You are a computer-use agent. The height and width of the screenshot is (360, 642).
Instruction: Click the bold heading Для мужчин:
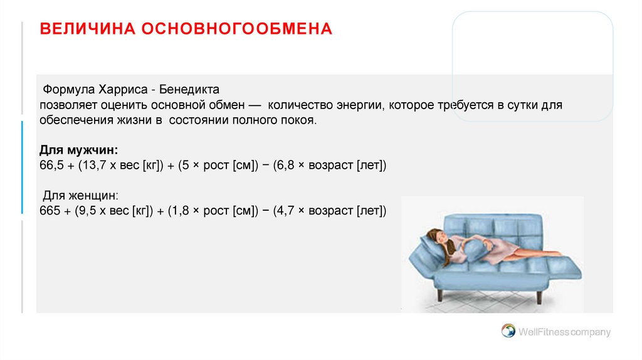[79, 151]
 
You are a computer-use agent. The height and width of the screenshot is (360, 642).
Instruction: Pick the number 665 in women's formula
[49, 211]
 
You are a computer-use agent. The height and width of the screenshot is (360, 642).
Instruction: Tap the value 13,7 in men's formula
[89, 166]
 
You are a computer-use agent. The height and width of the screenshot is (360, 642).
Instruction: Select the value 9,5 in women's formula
[85, 211]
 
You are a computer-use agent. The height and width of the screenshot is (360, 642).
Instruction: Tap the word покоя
[297, 120]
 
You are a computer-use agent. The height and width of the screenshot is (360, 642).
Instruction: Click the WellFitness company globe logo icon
[508, 331]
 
